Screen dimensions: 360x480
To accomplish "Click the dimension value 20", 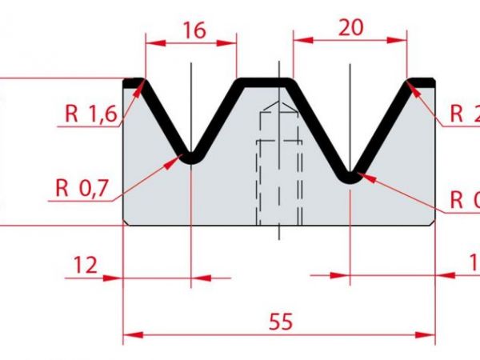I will (350, 27).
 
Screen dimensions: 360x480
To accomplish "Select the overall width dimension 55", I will (280, 322).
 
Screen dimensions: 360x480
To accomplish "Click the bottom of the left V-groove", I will (191, 157).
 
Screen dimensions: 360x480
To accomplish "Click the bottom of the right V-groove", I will (350, 177).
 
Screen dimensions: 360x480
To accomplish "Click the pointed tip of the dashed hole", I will (278, 103).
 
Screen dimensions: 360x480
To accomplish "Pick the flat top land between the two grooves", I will (265, 80).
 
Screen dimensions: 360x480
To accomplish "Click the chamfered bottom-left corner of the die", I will (127, 222).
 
